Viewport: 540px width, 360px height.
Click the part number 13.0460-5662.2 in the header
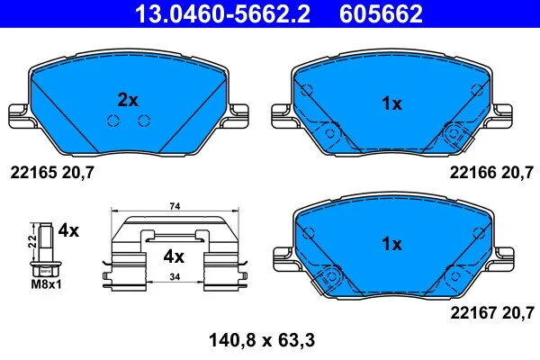[x=222, y=13]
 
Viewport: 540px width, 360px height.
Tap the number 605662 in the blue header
[x=381, y=13]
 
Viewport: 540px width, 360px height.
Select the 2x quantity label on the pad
[x=128, y=100]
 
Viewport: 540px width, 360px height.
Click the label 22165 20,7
[x=52, y=172]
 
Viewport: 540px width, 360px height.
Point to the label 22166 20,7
[x=491, y=172]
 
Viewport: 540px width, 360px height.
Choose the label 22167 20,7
[x=492, y=313]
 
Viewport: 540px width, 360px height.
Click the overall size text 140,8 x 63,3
[x=262, y=340]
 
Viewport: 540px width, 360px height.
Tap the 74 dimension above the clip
[x=175, y=206]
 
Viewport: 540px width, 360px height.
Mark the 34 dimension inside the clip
[x=175, y=276]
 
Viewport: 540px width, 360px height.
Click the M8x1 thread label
[x=46, y=284]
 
